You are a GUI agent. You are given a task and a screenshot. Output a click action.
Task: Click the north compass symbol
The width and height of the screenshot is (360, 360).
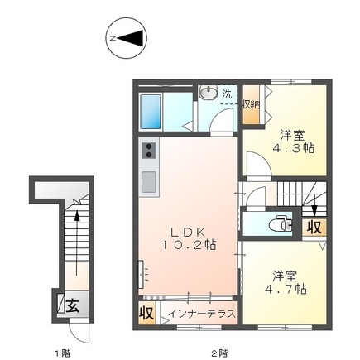pyautogui.click(x=127, y=38)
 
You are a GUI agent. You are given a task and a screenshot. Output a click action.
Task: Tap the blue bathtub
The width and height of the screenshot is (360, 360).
pyautogui.click(x=151, y=112)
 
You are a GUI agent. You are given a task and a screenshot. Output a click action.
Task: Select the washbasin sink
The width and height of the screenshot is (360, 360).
pyautogui.click(x=209, y=93)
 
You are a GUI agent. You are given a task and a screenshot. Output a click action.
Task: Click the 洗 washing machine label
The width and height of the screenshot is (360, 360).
pyautogui.click(x=227, y=94)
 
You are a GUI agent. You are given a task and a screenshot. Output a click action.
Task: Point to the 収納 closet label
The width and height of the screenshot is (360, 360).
pyautogui.click(x=251, y=104)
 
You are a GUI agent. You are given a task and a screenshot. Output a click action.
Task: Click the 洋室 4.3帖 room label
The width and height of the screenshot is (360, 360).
pyautogui.click(x=294, y=142)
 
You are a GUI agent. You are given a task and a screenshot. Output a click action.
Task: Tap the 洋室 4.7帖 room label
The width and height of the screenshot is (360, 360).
pyautogui.click(x=286, y=282)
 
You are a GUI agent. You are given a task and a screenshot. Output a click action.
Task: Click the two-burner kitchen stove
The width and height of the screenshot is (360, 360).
pyautogui.click(x=149, y=151)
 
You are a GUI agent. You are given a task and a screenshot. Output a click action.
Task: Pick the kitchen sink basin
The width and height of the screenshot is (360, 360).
pyautogui.click(x=149, y=182)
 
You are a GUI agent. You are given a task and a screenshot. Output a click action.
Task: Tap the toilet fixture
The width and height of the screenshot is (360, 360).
pyautogui.click(x=281, y=224)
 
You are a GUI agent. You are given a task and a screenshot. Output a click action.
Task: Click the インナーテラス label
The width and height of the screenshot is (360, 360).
pyautogui.click(x=202, y=314)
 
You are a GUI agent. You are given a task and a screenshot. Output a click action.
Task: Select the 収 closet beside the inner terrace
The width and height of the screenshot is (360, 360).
pyautogui.click(x=146, y=313)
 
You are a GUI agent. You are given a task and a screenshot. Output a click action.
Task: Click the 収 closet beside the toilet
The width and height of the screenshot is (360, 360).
pyautogui.click(x=314, y=228)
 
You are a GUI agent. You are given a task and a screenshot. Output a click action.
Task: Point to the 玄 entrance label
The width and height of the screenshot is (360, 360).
pyautogui.click(x=73, y=305)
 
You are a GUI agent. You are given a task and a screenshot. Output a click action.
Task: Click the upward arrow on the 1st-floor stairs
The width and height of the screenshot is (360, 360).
pyautogui.click(x=77, y=242)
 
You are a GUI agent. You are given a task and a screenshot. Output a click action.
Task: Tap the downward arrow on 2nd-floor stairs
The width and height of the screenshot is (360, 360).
pyautogui.click(x=314, y=210)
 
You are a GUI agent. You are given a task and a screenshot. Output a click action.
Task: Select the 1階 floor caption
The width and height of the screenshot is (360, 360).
pyautogui.click(x=63, y=353)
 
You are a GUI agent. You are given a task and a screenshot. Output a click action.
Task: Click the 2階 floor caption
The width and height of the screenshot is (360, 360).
pyautogui.click(x=219, y=353)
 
